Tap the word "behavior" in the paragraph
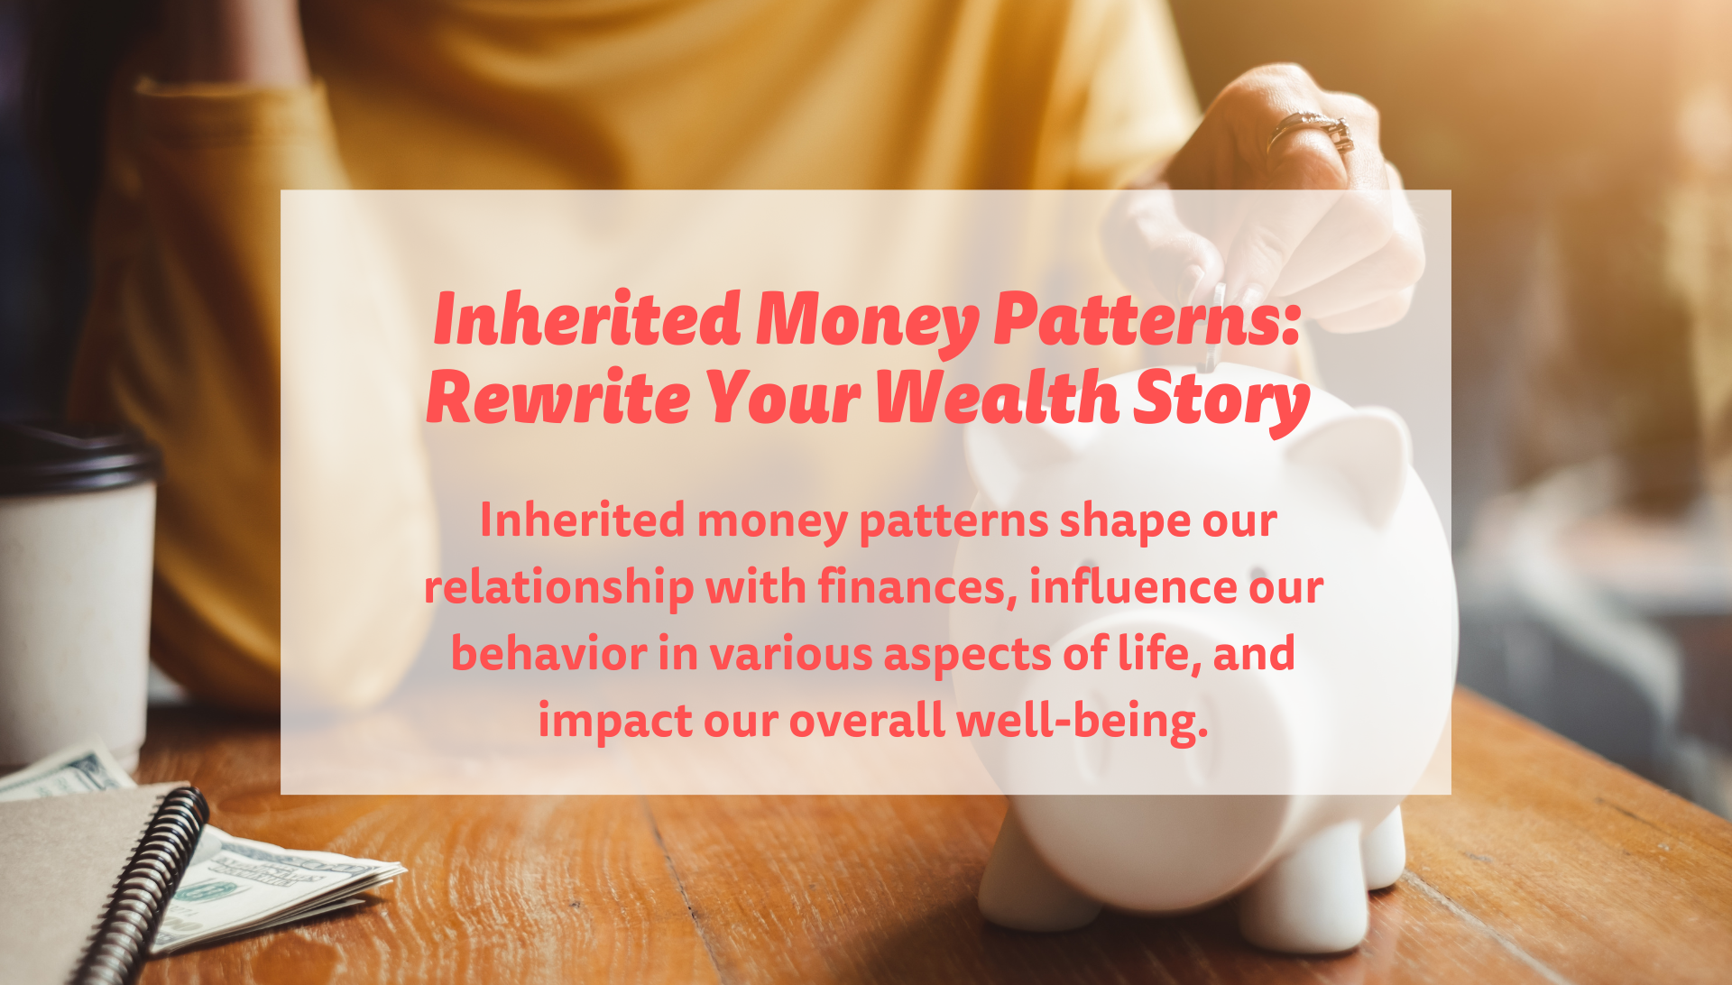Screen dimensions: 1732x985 (548, 652)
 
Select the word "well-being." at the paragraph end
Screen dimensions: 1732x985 (1082, 721)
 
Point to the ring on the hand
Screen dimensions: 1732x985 (1313, 132)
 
